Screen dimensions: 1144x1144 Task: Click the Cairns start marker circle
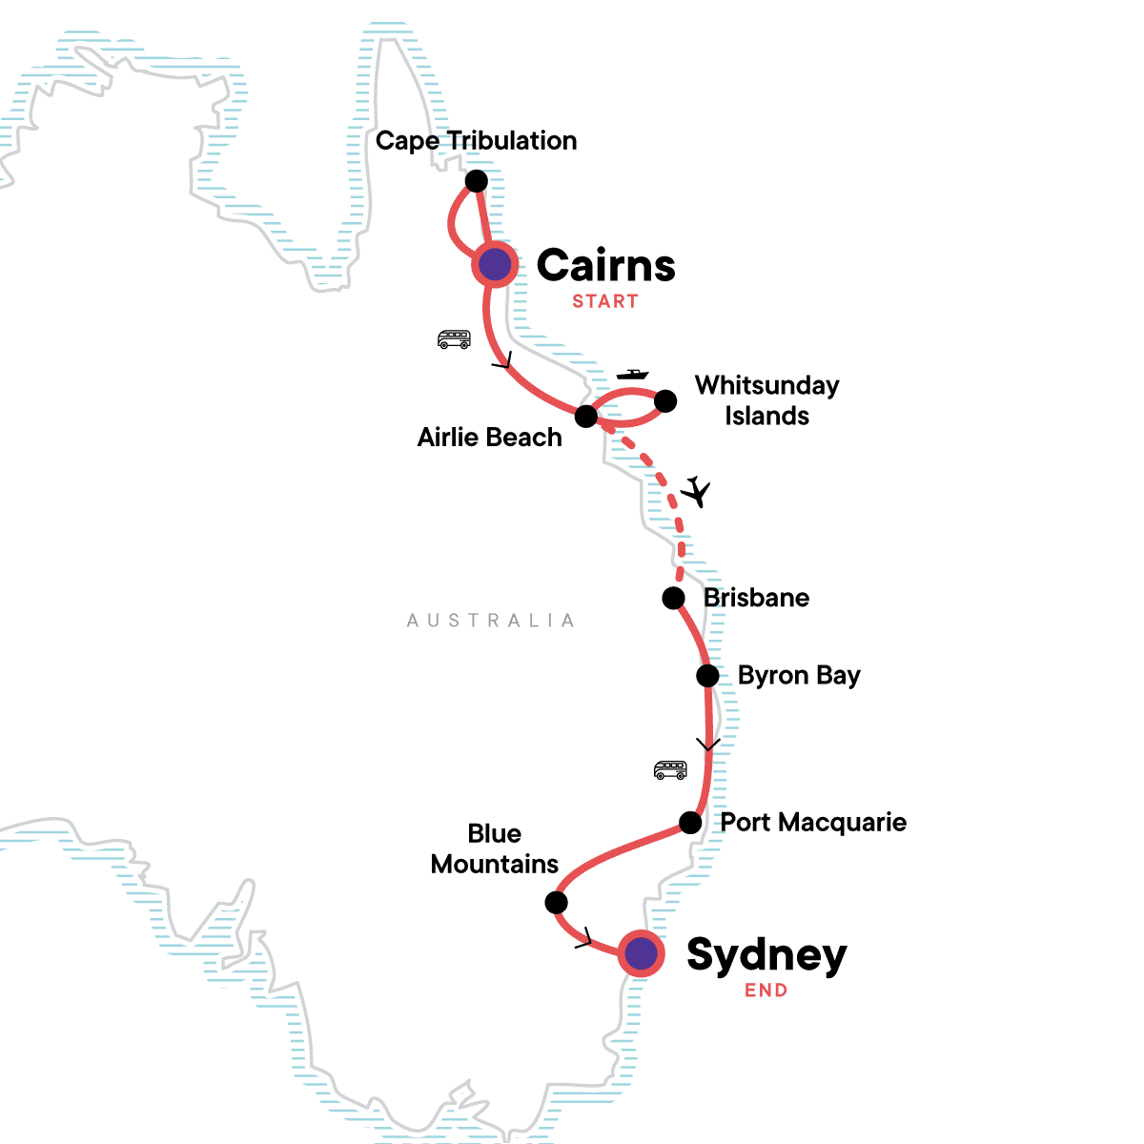[495, 264]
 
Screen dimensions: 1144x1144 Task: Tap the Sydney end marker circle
[641, 952]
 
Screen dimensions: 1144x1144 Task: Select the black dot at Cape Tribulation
[476, 181]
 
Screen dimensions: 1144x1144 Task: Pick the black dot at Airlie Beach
[586, 417]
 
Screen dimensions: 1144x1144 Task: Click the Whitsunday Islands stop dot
[665, 400]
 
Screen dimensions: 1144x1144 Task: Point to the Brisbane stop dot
[673, 598]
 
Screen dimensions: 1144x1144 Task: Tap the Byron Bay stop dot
[707, 676]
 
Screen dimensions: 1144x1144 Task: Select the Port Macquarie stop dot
[690, 822]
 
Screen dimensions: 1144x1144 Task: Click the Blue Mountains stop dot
[556, 902]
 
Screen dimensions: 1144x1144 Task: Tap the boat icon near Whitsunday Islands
[632, 375]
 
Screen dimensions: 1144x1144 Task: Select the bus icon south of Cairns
[454, 338]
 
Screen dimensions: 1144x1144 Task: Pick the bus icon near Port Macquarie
[670, 769]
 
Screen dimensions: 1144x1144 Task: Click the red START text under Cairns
[605, 301]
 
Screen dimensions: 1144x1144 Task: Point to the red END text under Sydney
[766, 991]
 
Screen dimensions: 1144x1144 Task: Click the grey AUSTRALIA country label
[491, 621]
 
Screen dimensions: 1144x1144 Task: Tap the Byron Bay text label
[799, 676]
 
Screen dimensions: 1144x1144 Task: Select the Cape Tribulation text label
[476, 140]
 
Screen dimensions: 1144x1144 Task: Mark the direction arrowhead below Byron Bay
[708, 745]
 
